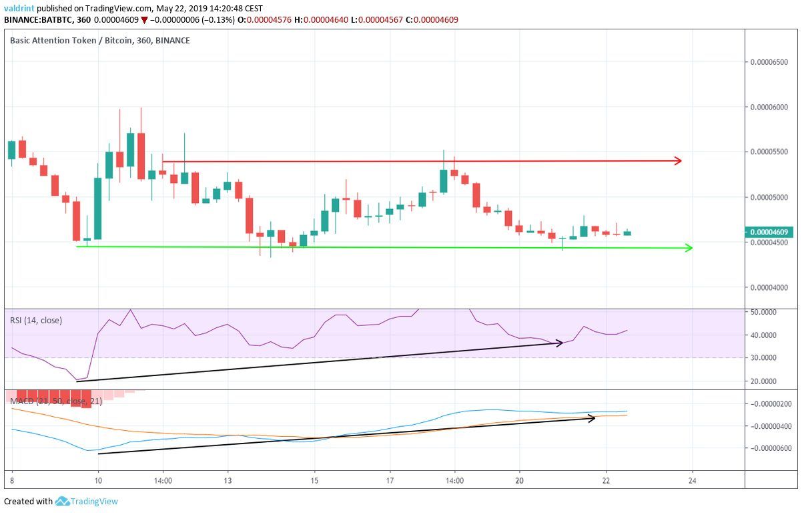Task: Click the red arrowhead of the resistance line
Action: tap(678, 160)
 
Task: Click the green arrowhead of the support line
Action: tap(689, 248)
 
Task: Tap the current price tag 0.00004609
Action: tap(770, 232)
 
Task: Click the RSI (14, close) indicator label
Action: tap(36, 320)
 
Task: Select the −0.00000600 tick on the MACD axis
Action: tap(769, 448)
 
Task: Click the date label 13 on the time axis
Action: tap(227, 480)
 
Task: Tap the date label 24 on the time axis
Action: tap(693, 480)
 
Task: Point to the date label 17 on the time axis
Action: tap(390, 480)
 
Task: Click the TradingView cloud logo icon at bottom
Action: tap(63, 501)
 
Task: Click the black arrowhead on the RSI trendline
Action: tap(560, 343)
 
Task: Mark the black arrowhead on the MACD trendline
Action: tap(591, 418)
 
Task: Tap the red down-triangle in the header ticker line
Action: tap(144, 20)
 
